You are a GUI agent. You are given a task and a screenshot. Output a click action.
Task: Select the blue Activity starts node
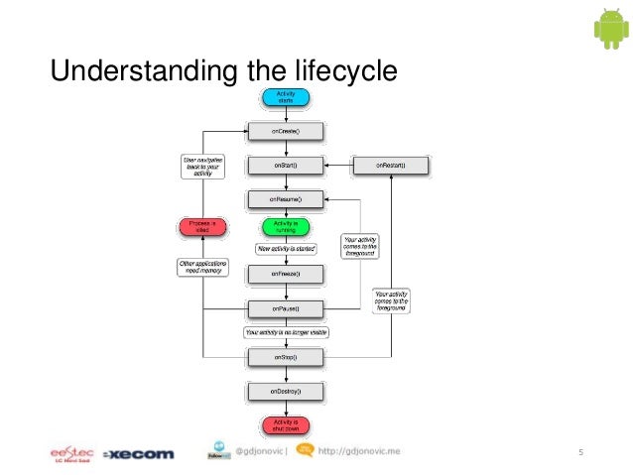pyautogui.click(x=285, y=97)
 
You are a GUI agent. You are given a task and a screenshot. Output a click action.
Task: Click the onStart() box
pyautogui.click(x=285, y=164)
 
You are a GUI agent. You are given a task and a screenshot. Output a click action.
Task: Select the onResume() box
pyautogui.click(x=285, y=199)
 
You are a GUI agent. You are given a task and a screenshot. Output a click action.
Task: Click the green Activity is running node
pyautogui.click(x=285, y=227)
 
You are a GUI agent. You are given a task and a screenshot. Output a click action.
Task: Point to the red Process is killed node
pyautogui.click(x=201, y=227)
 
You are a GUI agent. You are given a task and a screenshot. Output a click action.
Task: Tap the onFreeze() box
pyautogui.click(x=285, y=273)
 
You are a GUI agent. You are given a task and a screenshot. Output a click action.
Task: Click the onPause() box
pyautogui.click(x=285, y=307)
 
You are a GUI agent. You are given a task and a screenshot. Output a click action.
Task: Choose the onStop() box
pyautogui.click(x=285, y=356)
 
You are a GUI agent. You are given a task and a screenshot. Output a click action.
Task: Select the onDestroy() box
pyautogui.click(x=285, y=393)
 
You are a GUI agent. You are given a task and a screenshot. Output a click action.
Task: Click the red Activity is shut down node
pyautogui.click(x=285, y=425)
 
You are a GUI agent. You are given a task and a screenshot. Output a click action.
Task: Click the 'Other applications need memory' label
pyautogui.click(x=201, y=267)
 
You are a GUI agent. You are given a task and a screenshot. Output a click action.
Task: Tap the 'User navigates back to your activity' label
pyautogui.click(x=201, y=164)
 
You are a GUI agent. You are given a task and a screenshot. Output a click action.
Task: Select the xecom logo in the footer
pyautogui.click(x=137, y=454)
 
